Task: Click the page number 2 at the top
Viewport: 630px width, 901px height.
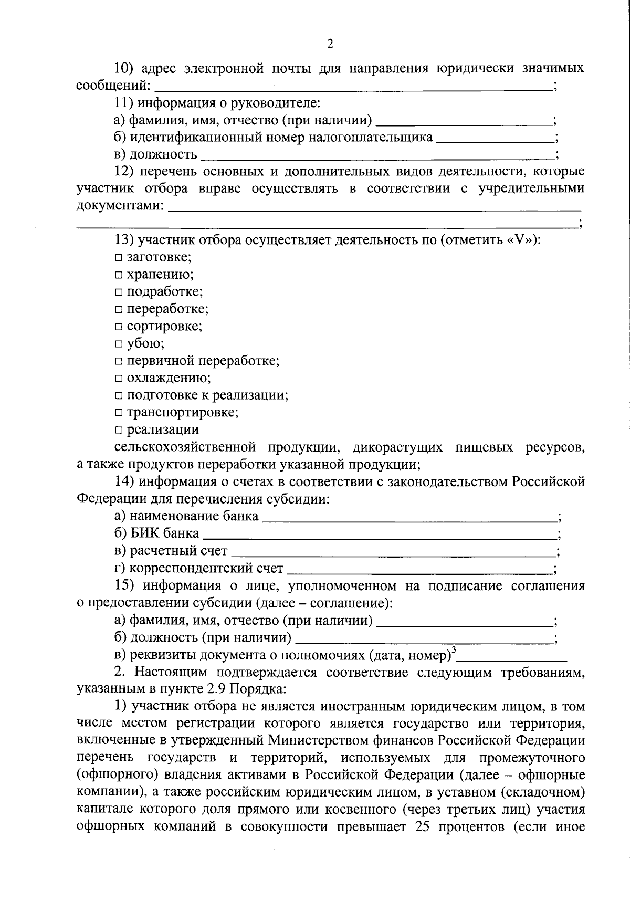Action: (330, 44)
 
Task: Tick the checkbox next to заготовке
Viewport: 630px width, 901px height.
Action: (119, 258)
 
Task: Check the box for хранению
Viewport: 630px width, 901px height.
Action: (119, 275)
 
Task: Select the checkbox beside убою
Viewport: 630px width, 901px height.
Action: (119, 344)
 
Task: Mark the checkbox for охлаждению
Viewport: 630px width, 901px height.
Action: (119, 379)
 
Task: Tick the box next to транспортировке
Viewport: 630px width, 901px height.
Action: (119, 413)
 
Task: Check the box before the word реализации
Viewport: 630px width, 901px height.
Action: (119, 431)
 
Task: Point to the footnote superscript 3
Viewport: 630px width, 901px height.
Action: (454, 650)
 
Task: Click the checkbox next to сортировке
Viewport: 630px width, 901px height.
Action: (119, 327)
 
